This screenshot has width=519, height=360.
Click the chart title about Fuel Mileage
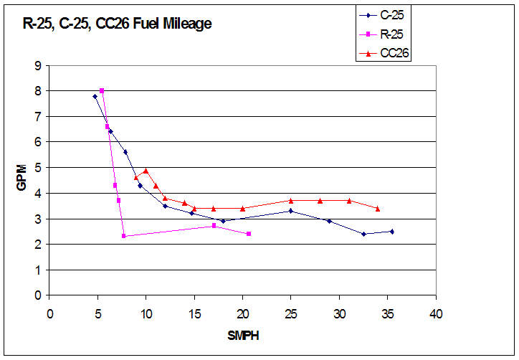(115, 24)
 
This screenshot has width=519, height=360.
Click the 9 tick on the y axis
(37, 65)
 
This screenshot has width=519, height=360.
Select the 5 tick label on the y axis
(37, 168)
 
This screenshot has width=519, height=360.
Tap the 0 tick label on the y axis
(37, 295)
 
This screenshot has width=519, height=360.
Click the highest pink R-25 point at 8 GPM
(102, 90)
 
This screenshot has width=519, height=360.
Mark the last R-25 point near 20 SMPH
(249, 234)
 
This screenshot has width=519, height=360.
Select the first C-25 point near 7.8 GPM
(95, 96)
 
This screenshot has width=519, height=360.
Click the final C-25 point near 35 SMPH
(392, 231)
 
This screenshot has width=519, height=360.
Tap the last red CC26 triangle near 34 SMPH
(378, 208)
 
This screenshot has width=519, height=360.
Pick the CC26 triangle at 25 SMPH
(290, 200)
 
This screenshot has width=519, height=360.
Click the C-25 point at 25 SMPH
(290, 211)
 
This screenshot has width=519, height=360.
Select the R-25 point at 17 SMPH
(214, 226)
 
